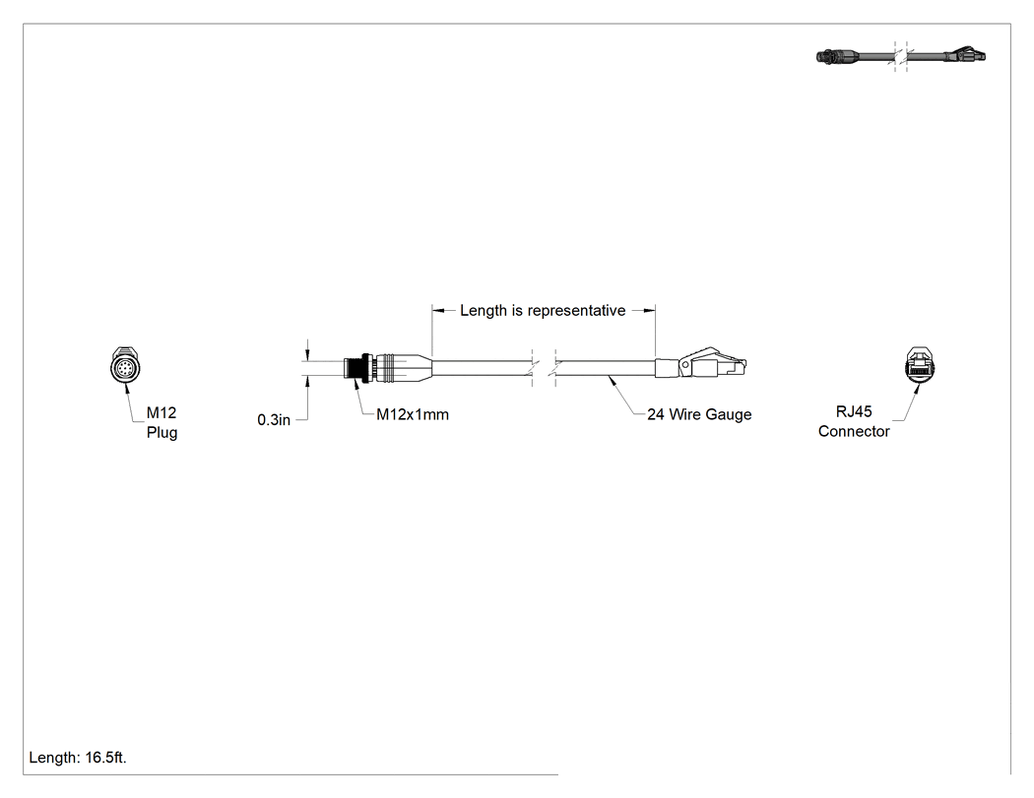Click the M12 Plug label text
[162, 422]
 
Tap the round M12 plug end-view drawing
[123, 365]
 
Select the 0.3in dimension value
[274, 420]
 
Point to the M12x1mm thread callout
[413, 414]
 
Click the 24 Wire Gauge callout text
[699, 414]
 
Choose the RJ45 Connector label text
[854, 421]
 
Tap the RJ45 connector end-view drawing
[919, 364]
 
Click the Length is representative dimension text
[543, 310]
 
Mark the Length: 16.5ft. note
[78, 758]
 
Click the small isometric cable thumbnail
[900, 56]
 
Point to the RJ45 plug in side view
[713, 363]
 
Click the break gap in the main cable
[544, 369]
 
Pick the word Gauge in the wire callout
[730, 414]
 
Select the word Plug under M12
[162, 433]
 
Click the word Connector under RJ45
[854, 432]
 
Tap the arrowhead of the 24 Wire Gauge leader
[612, 378]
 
